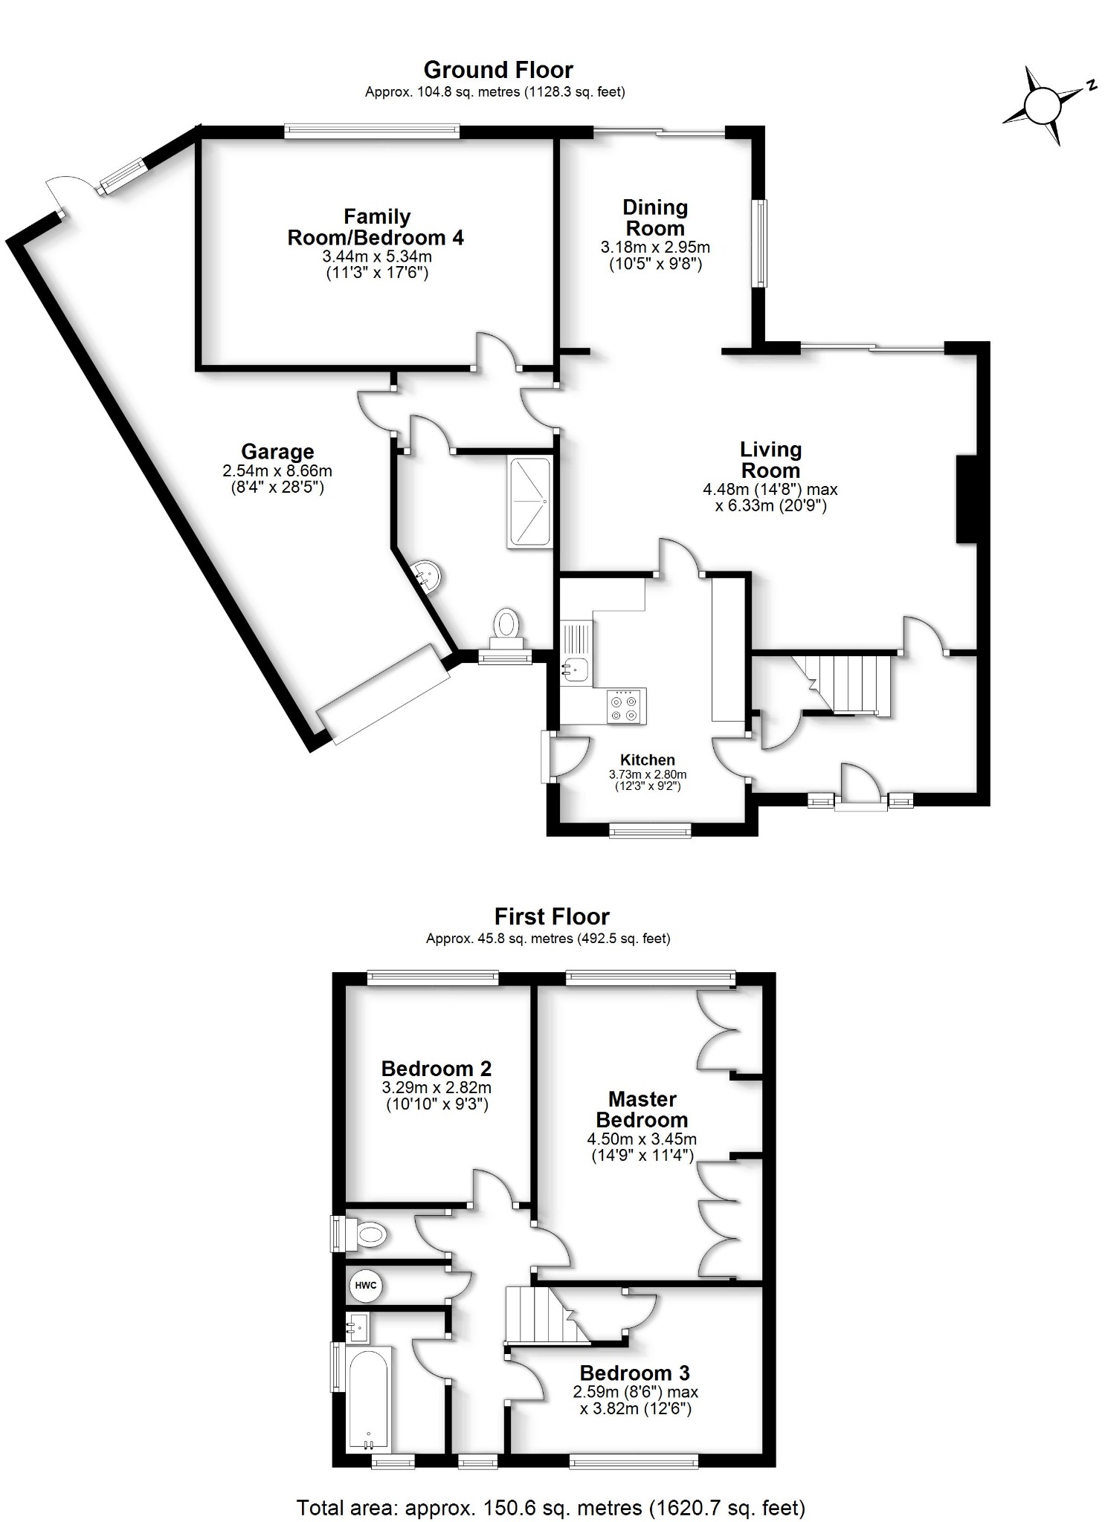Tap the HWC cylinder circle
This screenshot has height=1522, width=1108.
coord(365,1286)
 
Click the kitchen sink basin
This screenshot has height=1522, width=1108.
coord(576,668)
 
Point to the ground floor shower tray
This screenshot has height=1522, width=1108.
coord(529,503)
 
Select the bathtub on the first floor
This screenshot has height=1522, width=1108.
coord(368,1398)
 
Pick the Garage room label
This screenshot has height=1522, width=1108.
coord(277,451)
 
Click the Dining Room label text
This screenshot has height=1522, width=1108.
coord(655,218)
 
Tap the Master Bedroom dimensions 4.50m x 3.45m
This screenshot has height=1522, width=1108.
coord(642,1139)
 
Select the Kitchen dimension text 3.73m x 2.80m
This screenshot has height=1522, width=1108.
coord(648,774)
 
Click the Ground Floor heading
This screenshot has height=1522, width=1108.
coord(498,70)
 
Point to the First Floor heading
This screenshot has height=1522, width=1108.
coord(552,916)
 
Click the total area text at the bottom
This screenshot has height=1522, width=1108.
coord(551,1502)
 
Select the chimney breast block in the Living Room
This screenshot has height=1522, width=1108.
coord(965,499)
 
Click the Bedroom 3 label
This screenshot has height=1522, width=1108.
coord(635,1373)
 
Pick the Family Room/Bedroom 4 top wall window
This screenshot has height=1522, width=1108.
coord(372,132)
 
